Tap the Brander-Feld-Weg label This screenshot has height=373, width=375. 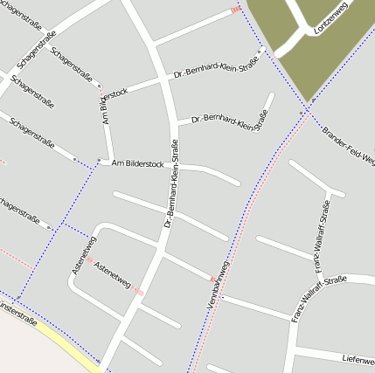pos(347,145)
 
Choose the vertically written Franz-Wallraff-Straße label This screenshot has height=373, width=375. pos(321,231)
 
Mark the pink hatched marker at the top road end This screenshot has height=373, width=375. pos(234,10)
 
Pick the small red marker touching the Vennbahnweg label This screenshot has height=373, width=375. pos(212,280)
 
